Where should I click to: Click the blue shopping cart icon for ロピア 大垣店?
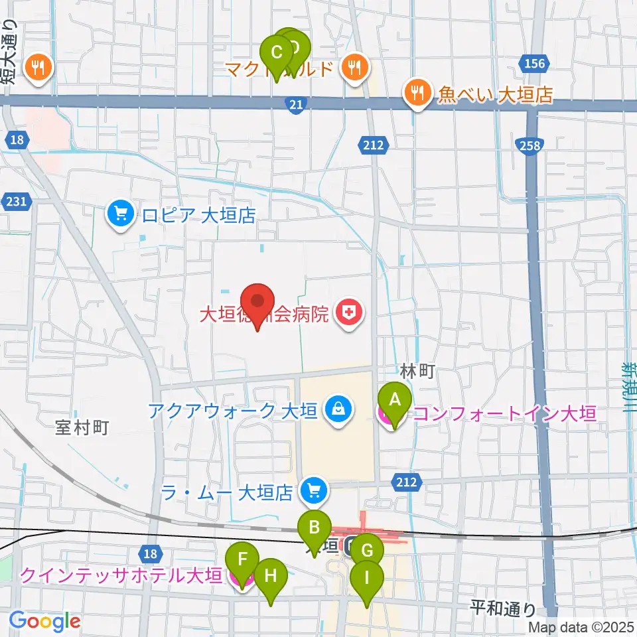click(x=120, y=214)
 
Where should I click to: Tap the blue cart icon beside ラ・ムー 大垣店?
click(x=313, y=492)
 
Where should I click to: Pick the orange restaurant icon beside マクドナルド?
click(x=356, y=67)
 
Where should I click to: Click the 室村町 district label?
click(x=82, y=427)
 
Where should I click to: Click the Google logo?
click(x=44, y=620)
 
